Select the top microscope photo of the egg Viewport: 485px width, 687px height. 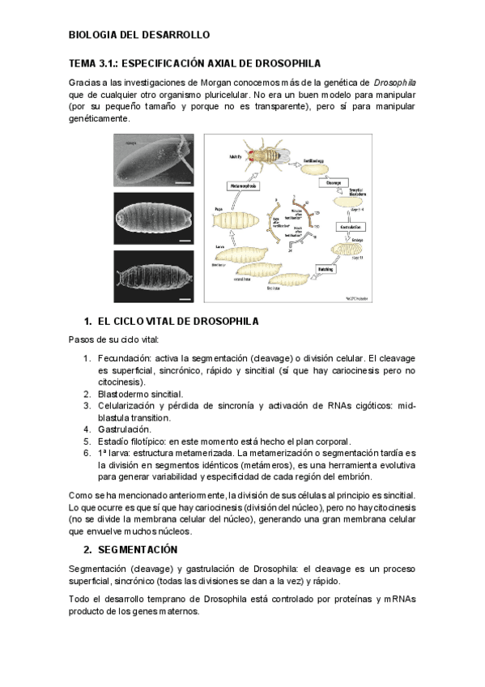(x=154, y=160)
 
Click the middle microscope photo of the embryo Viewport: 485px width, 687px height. (x=154, y=218)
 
